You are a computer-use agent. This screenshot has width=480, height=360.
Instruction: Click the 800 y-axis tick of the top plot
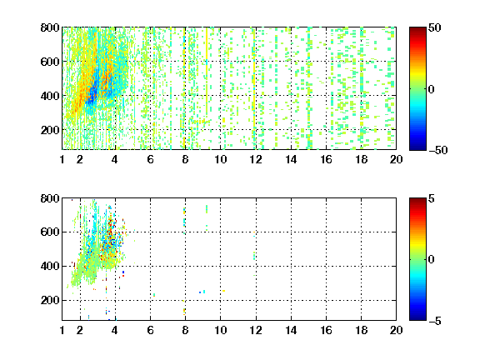[50, 27]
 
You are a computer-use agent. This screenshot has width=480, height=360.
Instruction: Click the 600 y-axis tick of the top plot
[50, 62]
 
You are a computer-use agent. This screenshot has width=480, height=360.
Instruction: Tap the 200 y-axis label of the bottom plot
[50, 300]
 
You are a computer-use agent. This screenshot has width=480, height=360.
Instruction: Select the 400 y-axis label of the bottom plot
[50, 266]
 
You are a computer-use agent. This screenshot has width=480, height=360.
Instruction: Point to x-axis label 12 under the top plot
[256, 159]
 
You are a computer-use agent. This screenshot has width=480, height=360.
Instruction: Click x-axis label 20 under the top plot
[396, 159]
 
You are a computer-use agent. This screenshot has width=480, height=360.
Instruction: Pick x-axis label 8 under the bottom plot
[185, 330]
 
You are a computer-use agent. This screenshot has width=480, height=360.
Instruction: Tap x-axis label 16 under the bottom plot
[326, 330]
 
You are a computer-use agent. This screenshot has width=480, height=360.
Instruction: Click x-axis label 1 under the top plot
[62, 159]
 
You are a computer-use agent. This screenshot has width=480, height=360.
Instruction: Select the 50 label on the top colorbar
[434, 27]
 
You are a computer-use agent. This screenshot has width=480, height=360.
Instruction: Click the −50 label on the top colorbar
[437, 150]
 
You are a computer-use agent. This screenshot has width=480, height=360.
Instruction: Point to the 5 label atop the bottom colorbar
[432, 198]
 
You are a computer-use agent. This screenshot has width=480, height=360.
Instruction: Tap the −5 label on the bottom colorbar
[435, 321]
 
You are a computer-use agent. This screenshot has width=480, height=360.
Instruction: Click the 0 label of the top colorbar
[432, 89]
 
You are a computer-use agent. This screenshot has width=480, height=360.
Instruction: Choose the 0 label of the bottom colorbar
[432, 260]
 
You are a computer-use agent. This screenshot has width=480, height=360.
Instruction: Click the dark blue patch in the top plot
[92, 92]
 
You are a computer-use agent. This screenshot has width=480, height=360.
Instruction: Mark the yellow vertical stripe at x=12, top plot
[254, 89]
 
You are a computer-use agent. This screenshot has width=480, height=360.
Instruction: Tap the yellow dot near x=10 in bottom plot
[224, 291]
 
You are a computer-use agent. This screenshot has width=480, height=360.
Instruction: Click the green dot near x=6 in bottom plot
[154, 295]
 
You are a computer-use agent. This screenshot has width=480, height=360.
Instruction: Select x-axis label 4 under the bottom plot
[115, 330]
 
